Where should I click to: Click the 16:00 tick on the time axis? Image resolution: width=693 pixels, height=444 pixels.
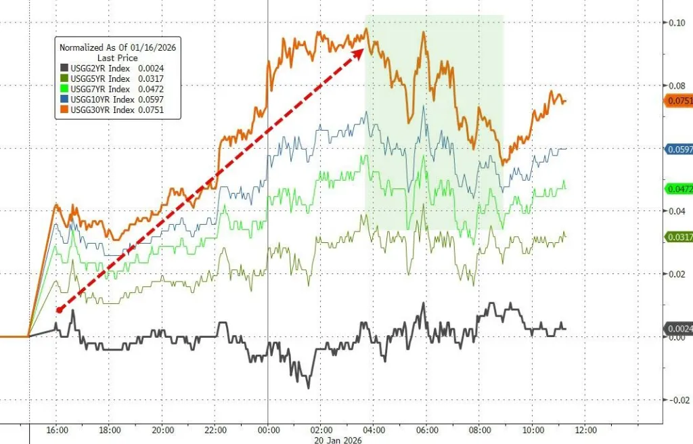57,430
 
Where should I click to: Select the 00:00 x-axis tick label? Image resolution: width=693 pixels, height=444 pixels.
269,430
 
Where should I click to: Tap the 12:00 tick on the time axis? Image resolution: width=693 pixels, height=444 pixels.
586,430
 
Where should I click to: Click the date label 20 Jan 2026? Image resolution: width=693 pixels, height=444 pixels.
338,440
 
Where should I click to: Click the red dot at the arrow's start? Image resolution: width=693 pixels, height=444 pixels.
60,310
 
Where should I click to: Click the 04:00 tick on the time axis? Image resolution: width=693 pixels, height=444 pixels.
374,430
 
